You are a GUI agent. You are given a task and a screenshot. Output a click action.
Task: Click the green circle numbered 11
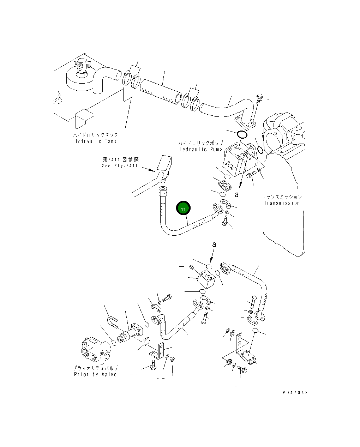tap(183, 209)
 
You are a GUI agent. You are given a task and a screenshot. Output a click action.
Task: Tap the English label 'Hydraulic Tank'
tap(95, 141)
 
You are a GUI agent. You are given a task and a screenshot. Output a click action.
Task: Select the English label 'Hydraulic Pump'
tap(200, 149)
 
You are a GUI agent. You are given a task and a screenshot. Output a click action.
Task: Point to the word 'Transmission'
tap(281, 203)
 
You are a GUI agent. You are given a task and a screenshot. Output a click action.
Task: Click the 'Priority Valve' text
tap(95, 374)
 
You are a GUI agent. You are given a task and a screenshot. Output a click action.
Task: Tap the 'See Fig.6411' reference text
tap(120, 165)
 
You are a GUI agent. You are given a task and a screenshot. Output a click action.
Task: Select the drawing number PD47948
tap(295, 392)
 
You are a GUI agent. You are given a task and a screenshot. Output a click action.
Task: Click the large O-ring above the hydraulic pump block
tap(242, 134)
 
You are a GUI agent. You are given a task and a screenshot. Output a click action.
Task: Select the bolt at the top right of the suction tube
tap(260, 97)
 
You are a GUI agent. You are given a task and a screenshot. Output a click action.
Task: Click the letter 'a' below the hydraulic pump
tap(237, 194)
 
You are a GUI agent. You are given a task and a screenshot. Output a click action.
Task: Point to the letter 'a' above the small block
tap(214, 244)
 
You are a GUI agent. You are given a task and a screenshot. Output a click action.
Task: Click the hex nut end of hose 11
tap(163, 191)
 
